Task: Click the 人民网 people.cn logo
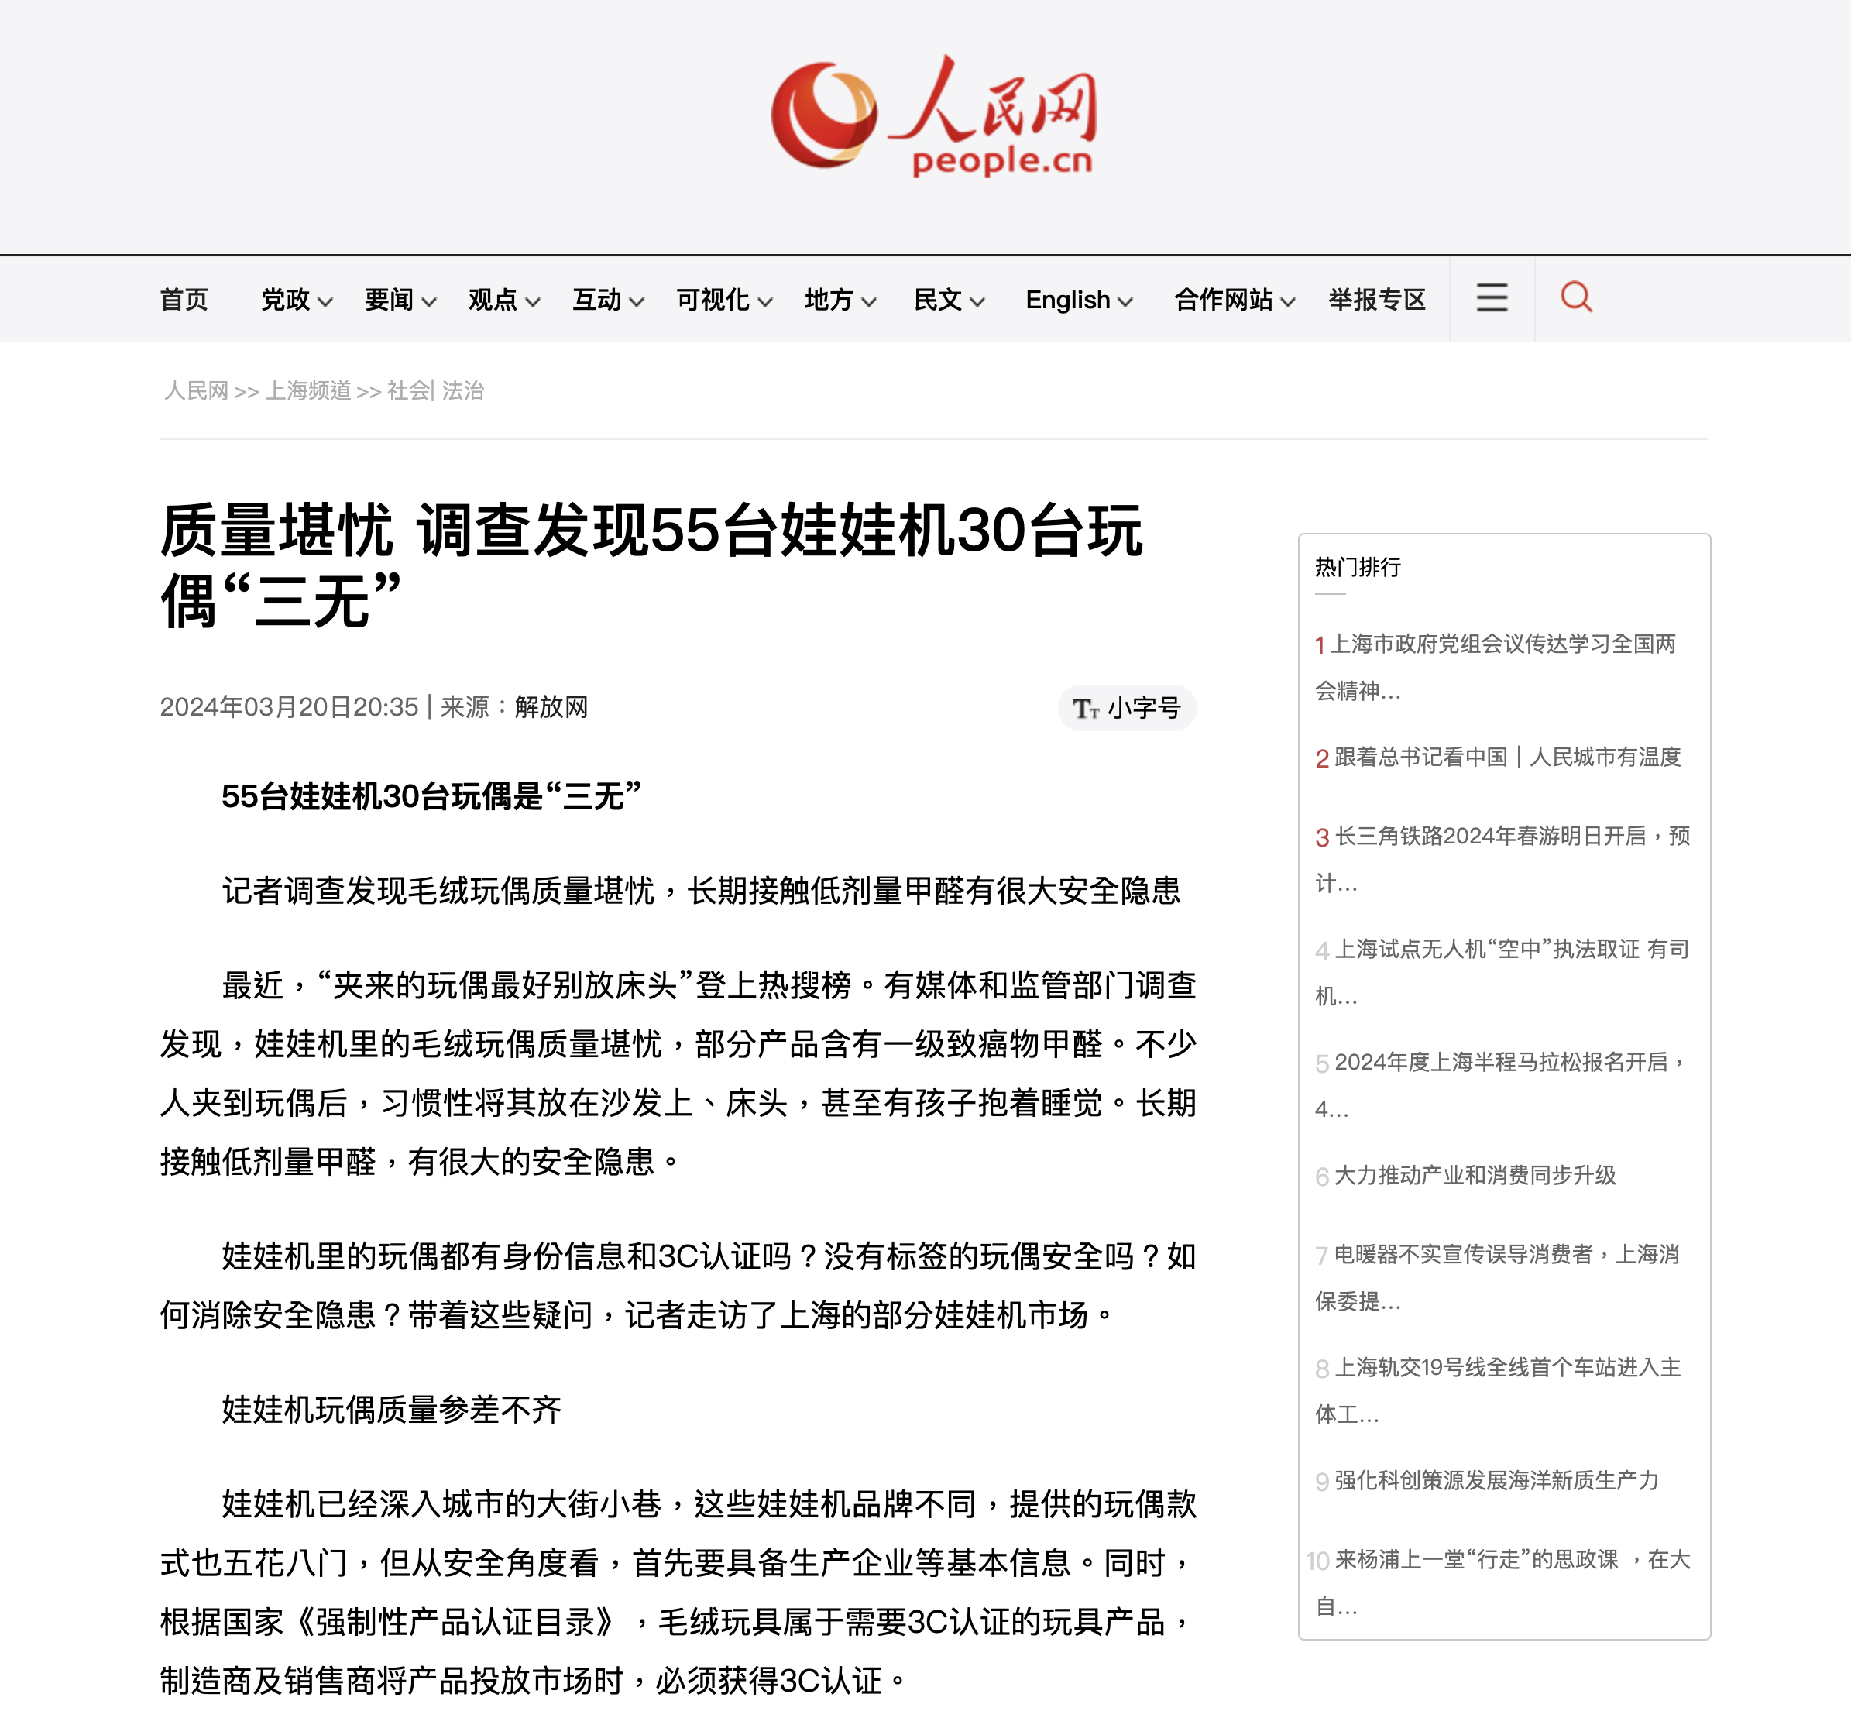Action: pos(934,116)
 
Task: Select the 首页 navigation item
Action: pos(184,300)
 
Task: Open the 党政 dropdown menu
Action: pos(295,300)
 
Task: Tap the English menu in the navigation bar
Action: pos(1078,300)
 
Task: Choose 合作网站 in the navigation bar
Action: pos(1234,300)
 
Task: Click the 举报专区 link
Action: pos(1376,300)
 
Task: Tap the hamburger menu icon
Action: pos(1492,298)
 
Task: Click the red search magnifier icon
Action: pos(1575,298)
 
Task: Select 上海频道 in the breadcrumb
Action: pos(308,390)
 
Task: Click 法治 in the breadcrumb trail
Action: pos(463,390)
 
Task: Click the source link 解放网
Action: pos(551,707)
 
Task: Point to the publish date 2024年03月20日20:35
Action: pos(289,707)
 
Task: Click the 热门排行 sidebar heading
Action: pos(1358,567)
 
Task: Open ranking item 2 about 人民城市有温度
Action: pos(1506,758)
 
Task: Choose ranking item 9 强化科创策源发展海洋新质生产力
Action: pos(1496,1480)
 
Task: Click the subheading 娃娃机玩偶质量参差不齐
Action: pos(391,1409)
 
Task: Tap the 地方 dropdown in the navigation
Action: pos(839,300)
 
